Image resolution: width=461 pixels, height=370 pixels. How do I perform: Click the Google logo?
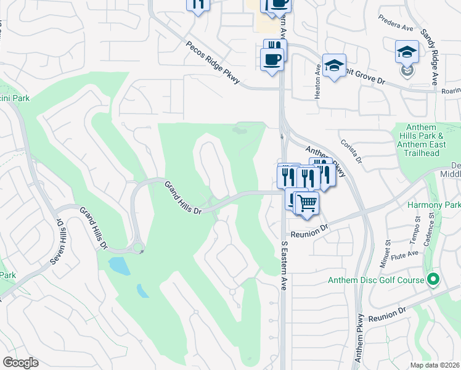click(x=20, y=363)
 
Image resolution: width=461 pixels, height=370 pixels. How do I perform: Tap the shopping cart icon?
click(x=307, y=202)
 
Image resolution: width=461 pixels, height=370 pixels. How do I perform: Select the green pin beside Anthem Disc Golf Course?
click(x=433, y=280)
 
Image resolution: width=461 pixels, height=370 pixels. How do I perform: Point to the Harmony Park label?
click(x=434, y=204)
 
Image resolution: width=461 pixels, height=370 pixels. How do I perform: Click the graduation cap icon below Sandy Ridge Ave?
click(x=407, y=52)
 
